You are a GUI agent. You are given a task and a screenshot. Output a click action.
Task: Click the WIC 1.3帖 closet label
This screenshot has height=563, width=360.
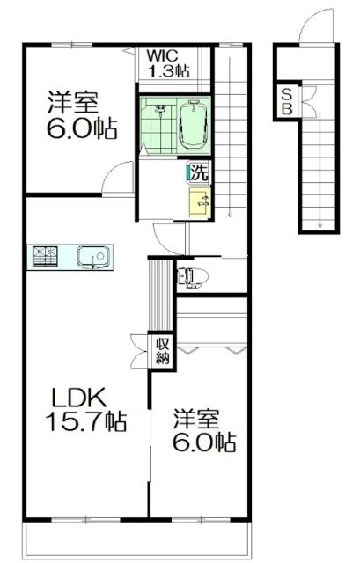pos(168,64)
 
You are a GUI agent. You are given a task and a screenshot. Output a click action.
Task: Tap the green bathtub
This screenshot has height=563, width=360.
pos(194,125)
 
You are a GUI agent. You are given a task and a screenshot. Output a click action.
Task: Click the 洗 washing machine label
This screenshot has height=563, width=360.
pos(200,173)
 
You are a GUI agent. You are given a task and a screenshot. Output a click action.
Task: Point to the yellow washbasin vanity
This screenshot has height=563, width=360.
pos(200,202)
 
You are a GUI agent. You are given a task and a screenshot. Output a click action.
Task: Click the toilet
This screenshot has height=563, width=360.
pos(193,277)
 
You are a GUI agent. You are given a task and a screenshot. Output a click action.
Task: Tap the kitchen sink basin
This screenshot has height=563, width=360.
pos(94,257)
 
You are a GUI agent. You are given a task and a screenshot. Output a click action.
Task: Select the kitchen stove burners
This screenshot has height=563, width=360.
pos(45,257)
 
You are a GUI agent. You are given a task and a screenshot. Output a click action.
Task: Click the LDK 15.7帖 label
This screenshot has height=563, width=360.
pos(85,409)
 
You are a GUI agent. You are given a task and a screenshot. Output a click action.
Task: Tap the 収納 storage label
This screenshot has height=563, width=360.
pos(162,352)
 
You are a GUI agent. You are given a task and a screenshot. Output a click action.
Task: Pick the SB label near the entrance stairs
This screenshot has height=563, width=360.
pos(287,102)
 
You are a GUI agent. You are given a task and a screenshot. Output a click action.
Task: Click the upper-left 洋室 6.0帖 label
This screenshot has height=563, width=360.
pos(82,115)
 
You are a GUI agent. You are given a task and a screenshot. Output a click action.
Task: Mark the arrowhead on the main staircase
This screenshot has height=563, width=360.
pos(230,215)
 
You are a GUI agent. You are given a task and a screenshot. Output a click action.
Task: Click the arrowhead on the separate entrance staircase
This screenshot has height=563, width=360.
pos(320,226)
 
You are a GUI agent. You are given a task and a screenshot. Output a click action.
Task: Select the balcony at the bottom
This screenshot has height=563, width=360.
pos(137,540)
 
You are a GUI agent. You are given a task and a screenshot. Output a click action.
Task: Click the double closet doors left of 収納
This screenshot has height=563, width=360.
pos(139,352)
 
